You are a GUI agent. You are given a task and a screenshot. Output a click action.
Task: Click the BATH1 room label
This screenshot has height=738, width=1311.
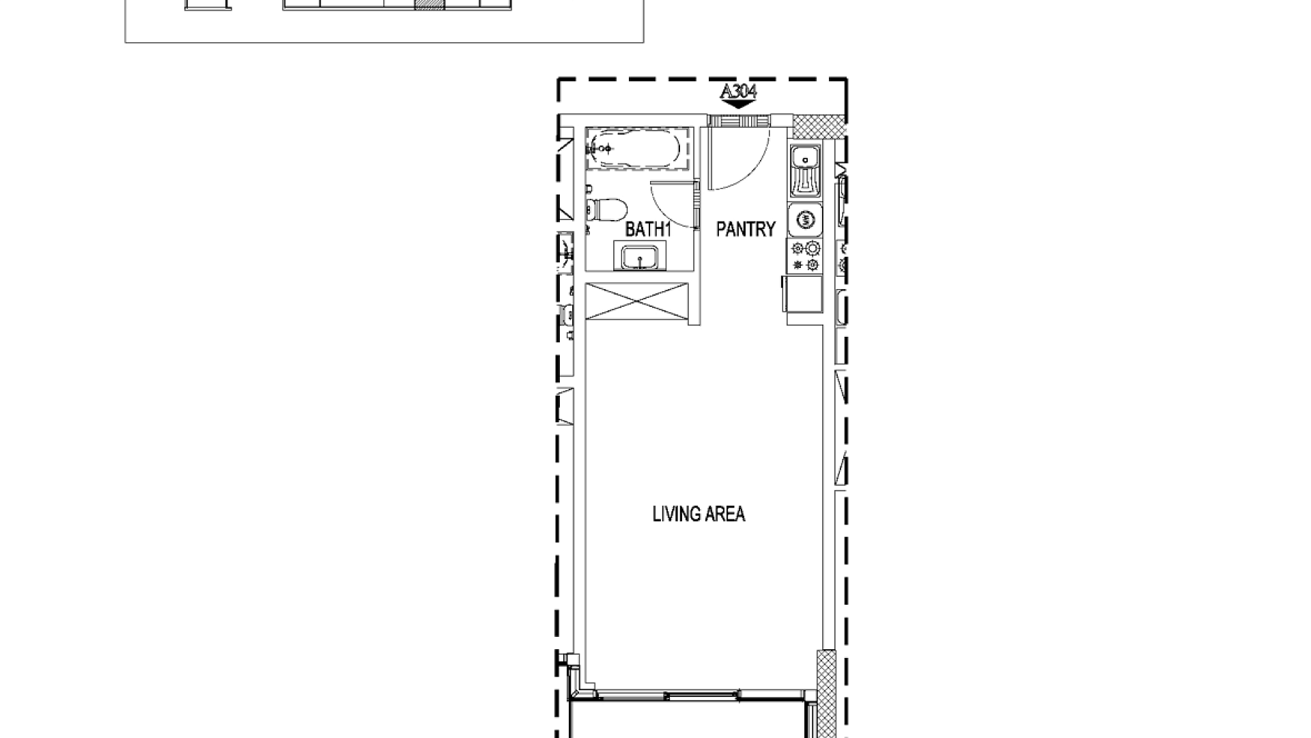point(648,230)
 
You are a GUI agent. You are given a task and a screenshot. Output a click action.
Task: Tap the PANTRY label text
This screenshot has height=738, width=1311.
point(746,229)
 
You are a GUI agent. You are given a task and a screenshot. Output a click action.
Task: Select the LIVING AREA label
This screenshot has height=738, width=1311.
point(699,514)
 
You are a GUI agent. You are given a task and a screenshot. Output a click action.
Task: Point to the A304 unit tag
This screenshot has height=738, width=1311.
point(739,92)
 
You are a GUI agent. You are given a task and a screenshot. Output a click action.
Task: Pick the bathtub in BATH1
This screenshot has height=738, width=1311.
point(635,148)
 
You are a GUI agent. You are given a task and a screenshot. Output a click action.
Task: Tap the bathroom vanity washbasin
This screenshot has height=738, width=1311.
point(640,258)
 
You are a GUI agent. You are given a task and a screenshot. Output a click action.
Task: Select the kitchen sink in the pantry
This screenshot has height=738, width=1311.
point(806,172)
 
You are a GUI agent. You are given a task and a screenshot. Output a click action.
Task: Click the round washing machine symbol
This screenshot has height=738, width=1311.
point(806,219)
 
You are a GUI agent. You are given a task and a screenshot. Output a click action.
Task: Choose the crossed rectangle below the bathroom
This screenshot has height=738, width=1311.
point(636,301)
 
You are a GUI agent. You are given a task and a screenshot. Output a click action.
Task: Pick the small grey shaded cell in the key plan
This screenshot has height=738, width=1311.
point(429,4)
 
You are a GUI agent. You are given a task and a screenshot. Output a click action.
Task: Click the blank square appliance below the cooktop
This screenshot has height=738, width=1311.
point(803,295)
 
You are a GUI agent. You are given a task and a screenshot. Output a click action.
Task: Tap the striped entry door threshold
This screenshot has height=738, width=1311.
point(739,121)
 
